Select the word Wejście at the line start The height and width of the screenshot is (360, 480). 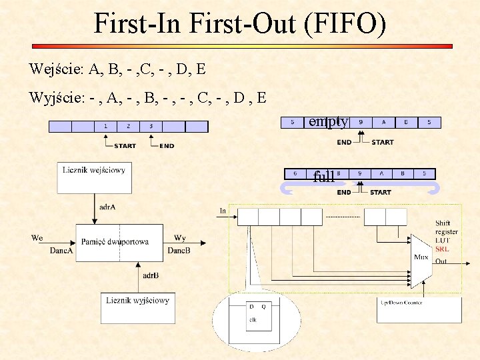[x=54, y=69]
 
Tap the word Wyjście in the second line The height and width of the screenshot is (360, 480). [x=56, y=98]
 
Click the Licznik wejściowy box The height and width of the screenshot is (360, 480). [x=94, y=179]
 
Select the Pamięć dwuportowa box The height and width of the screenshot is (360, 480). [x=115, y=243]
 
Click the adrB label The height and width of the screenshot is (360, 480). [x=150, y=275]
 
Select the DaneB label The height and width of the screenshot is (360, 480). [x=179, y=251]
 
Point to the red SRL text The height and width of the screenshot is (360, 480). [x=442, y=249]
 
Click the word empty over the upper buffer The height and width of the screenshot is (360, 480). [x=327, y=122]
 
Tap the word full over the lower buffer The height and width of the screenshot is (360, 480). [x=324, y=177]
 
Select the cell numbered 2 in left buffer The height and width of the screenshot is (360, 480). [x=128, y=126]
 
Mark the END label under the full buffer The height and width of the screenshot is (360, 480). [x=344, y=192]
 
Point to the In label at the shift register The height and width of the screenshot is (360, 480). [x=223, y=211]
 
